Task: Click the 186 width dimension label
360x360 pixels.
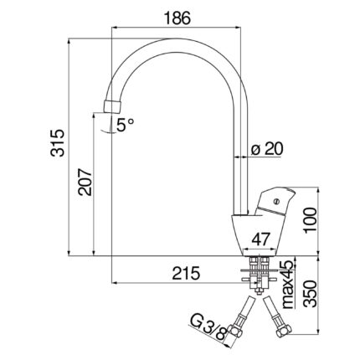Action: pyautogui.click(x=177, y=18)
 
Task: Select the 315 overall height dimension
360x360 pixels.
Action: pyautogui.click(x=58, y=142)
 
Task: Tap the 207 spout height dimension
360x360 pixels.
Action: pyautogui.click(x=85, y=182)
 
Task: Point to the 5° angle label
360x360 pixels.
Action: pyautogui.click(x=125, y=125)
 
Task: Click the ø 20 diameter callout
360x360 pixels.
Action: pyautogui.click(x=267, y=148)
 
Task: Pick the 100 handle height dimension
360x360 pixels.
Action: pyautogui.click(x=311, y=220)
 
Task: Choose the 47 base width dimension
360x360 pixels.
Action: pyautogui.click(x=261, y=239)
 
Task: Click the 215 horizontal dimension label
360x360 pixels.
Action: pyautogui.click(x=186, y=273)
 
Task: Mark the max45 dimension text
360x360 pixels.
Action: pyautogui.click(x=287, y=284)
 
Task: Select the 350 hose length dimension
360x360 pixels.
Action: pyautogui.click(x=311, y=294)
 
